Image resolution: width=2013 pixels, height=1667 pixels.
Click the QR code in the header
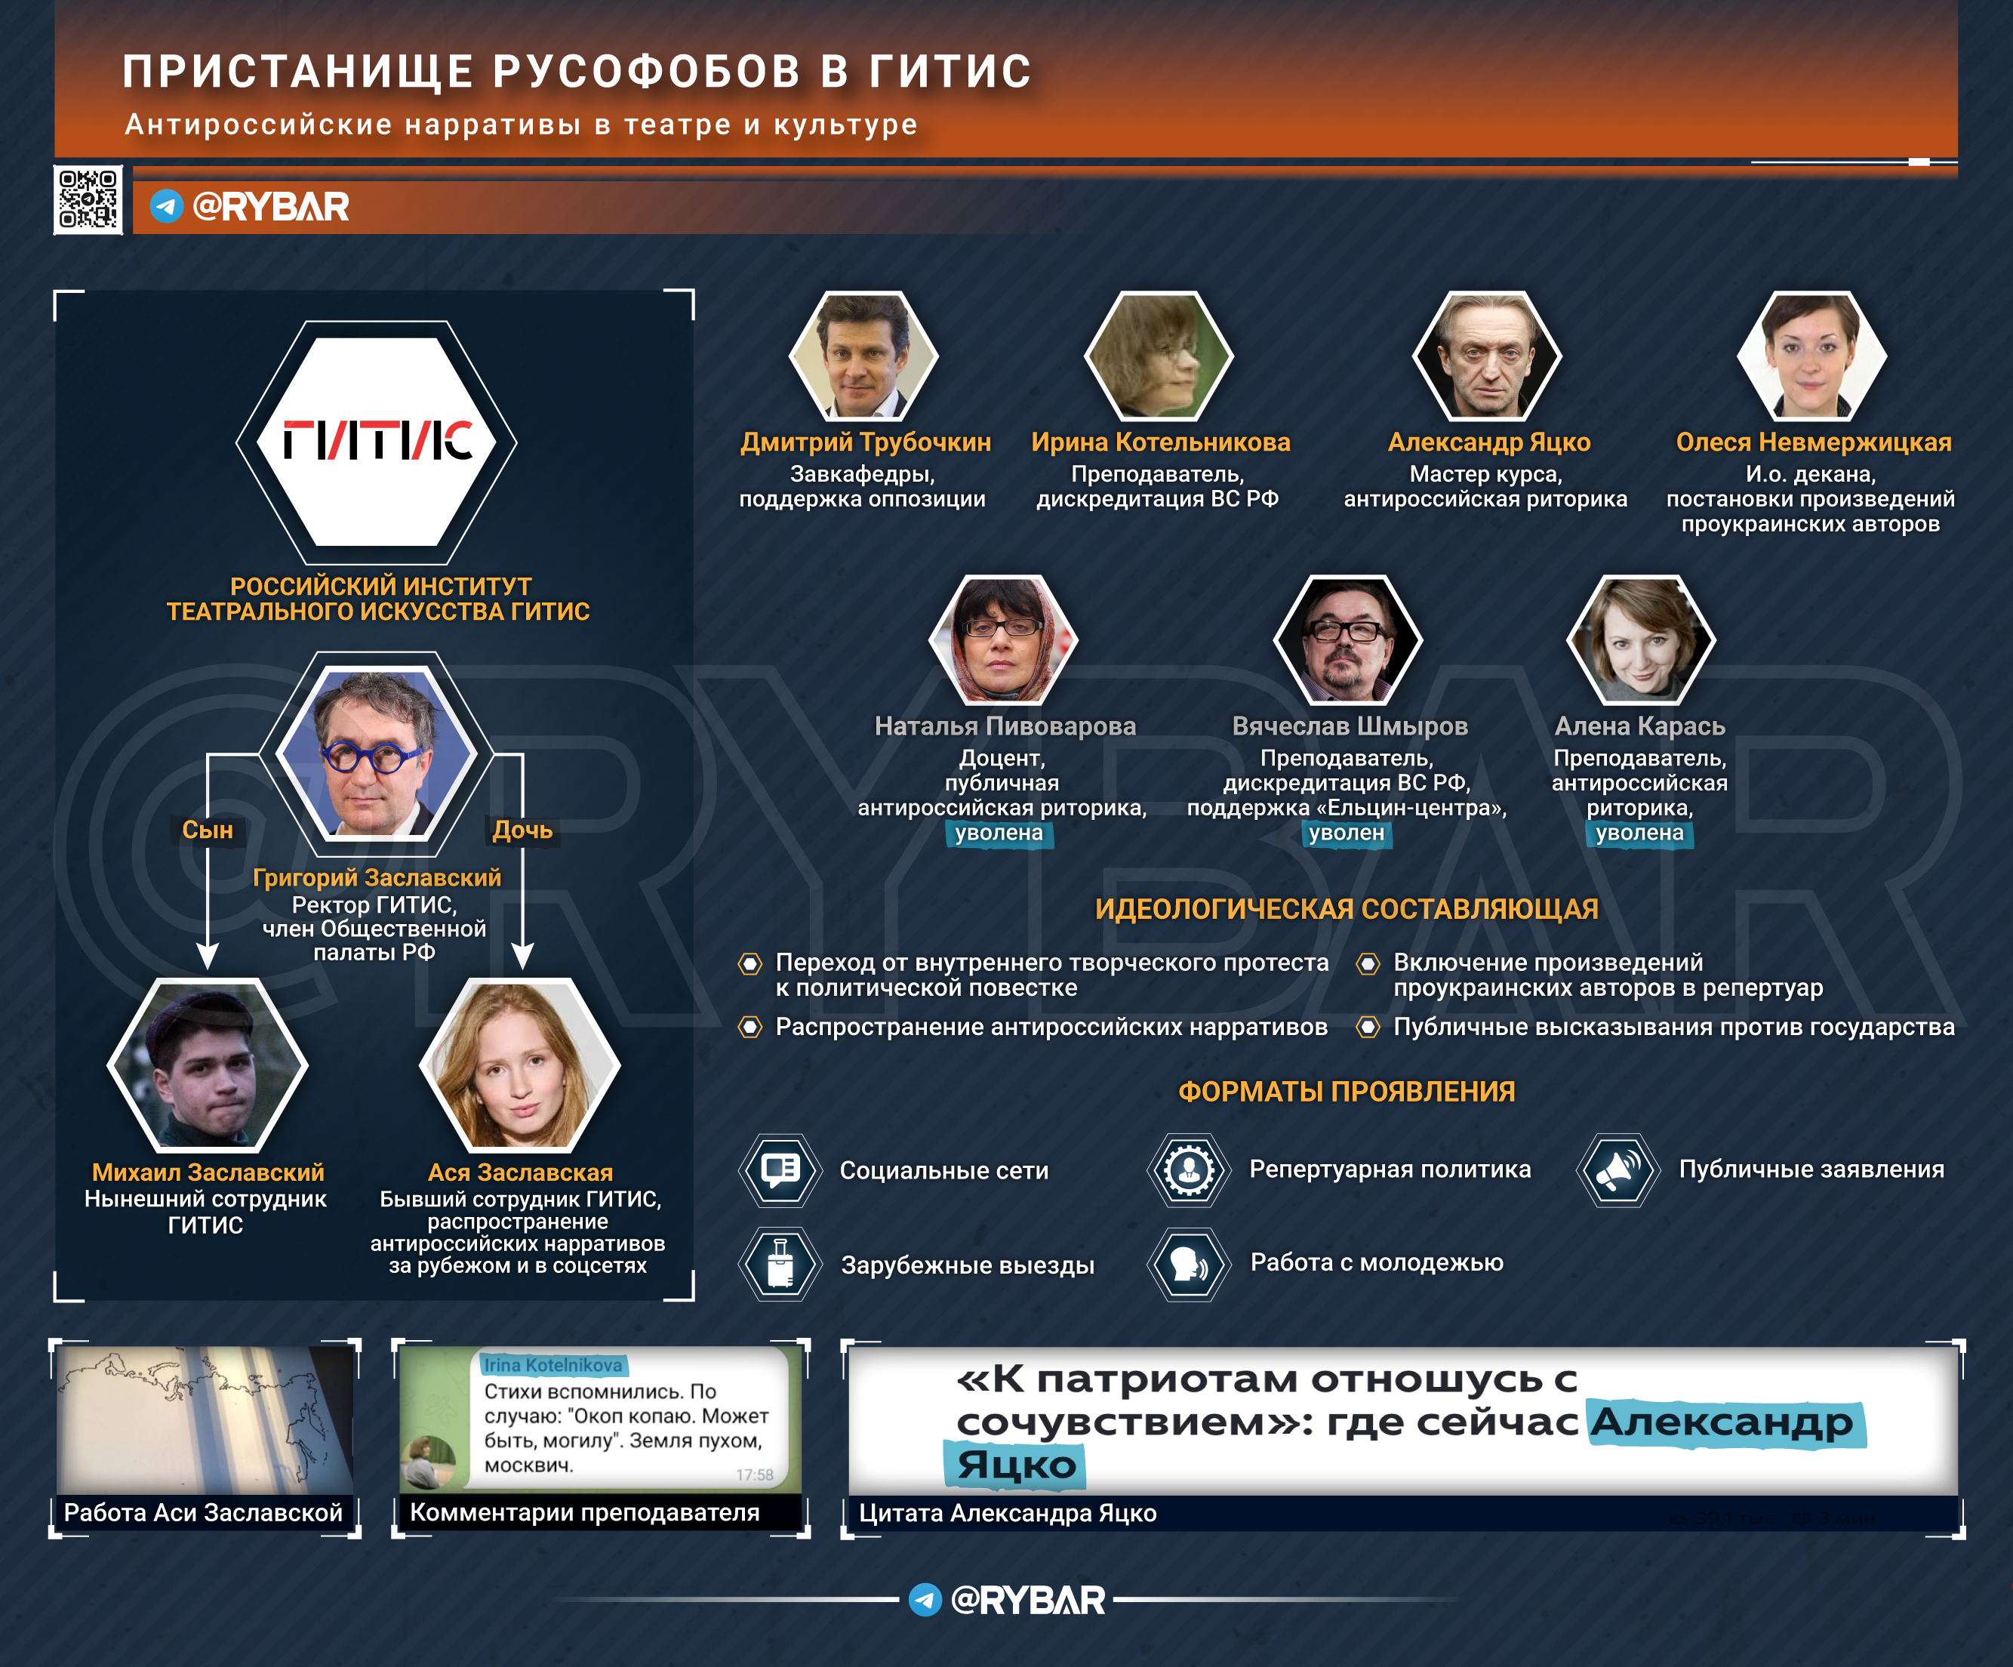pyautogui.click(x=88, y=199)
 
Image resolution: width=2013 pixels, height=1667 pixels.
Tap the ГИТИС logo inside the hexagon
pyautogui.click(x=377, y=441)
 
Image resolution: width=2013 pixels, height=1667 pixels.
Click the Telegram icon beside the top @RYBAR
pyautogui.click(x=167, y=206)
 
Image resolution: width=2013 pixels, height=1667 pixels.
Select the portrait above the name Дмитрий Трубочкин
pyautogui.click(x=863, y=356)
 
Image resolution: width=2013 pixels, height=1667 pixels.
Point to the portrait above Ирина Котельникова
pyautogui.click(x=1159, y=356)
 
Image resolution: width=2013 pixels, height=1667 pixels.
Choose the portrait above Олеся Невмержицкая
pyautogui.click(x=1811, y=356)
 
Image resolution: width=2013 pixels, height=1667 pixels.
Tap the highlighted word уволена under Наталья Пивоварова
pyautogui.click(x=999, y=833)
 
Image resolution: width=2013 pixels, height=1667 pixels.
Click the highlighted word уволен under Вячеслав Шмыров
pyautogui.click(x=1347, y=833)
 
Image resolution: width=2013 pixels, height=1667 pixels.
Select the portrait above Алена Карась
pyautogui.click(x=1641, y=639)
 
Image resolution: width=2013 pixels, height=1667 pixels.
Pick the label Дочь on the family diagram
pyautogui.click(x=522, y=830)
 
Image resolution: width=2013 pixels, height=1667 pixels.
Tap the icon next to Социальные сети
pyautogui.click(x=780, y=1169)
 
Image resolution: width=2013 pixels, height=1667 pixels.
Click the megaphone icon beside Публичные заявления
pyautogui.click(x=1619, y=1169)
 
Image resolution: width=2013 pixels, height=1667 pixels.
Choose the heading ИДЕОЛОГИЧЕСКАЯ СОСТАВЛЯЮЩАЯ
pyautogui.click(x=1347, y=909)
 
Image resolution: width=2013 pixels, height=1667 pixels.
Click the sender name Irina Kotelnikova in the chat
pyautogui.click(x=552, y=1365)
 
